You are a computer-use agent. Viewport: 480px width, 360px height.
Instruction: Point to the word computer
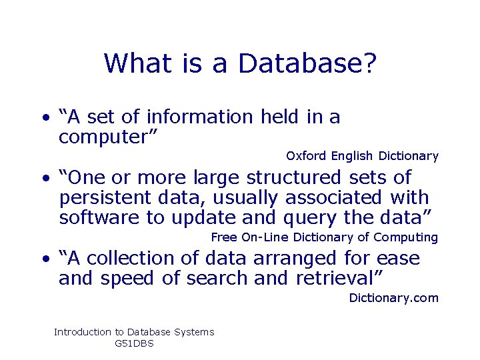pyautogui.click(x=107, y=137)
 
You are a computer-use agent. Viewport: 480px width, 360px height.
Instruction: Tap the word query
pyautogui.click(x=311, y=218)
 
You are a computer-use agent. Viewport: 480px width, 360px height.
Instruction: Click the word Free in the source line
pyautogui.click(x=224, y=237)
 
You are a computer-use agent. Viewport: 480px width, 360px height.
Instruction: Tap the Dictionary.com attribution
pyautogui.click(x=393, y=298)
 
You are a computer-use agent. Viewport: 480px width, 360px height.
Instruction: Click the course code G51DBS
pyautogui.click(x=134, y=343)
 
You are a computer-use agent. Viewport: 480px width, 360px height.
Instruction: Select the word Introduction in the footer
pyautogui.click(x=83, y=332)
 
